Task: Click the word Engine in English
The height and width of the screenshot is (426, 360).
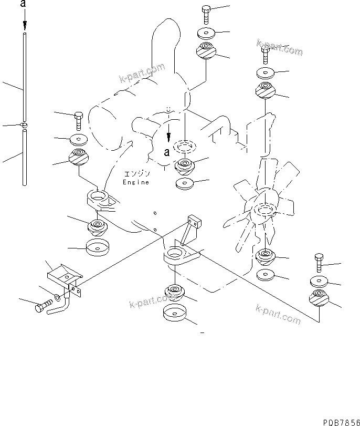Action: pyautogui.click(x=136, y=182)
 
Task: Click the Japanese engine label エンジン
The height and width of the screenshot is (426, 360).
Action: pyautogui.click(x=137, y=174)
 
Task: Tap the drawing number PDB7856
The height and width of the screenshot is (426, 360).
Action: pyautogui.click(x=341, y=422)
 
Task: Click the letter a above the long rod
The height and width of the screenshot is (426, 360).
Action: pyautogui.click(x=23, y=4)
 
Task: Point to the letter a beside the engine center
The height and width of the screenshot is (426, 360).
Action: pyautogui.click(x=167, y=152)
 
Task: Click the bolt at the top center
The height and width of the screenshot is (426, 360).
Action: pyautogui.click(x=206, y=15)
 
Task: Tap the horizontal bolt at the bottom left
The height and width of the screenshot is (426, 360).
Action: pyautogui.click(x=44, y=306)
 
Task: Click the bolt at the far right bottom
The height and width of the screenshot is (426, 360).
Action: pyautogui.click(x=319, y=263)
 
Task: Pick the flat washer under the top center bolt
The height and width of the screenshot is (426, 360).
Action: pyautogui.click(x=206, y=33)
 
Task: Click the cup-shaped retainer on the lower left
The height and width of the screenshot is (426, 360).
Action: pyautogui.click(x=97, y=247)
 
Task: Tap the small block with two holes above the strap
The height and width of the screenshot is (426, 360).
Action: pyautogui.click(x=195, y=221)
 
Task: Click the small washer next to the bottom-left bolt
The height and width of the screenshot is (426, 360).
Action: pyautogui.click(x=58, y=297)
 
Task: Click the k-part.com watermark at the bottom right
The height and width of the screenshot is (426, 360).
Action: pyautogui.click(x=278, y=314)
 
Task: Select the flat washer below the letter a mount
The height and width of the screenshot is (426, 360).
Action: pyautogui.click(x=185, y=183)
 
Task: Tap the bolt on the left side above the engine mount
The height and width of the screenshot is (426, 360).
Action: pyautogui.click(x=79, y=121)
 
